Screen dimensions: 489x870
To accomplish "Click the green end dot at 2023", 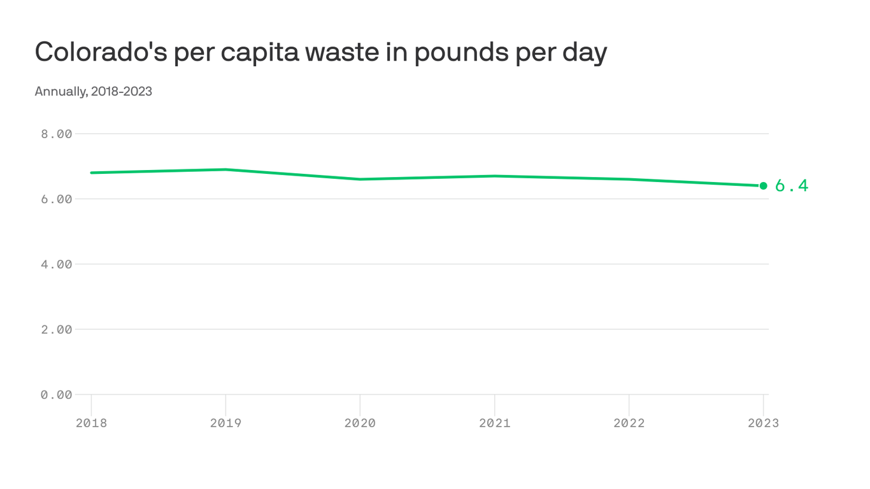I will pyautogui.click(x=763, y=186).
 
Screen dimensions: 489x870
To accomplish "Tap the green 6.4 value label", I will pyautogui.click(x=792, y=186).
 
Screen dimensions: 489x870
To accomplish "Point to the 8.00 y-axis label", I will pyautogui.click(x=57, y=134).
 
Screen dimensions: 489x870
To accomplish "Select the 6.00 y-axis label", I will pyautogui.click(x=57, y=199).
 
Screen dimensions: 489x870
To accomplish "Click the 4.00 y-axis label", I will pyautogui.click(x=57, y=264).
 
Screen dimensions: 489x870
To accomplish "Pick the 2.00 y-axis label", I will pyautogui.click(x=57, y=330).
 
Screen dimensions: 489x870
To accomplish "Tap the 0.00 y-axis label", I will pyautogui.click(x=57, y=395).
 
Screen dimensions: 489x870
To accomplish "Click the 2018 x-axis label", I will pyautogui.click(x=91, y=423).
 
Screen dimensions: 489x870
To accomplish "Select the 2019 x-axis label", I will pyautogui.click(x=225, y=423).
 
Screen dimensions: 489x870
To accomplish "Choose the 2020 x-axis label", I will pyautogui.click(x=360, y=423).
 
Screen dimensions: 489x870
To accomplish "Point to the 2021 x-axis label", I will pyautogui.click(x=495, y=423).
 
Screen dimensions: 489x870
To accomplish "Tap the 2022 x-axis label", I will pyautogui.click(x=629, y=423).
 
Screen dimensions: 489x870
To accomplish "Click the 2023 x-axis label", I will pyautogui.click(x=763, y=423).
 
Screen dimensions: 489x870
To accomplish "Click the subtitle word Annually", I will pyautogui.click(x=61, y=91).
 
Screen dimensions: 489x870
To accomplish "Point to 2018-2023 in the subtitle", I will pyautogui.click(x=122, y=91).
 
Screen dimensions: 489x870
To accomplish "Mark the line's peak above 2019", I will pyautogui.click(x=225, y=169).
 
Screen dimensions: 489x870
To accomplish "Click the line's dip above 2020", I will pyautogui.click(x=360, y=179).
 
